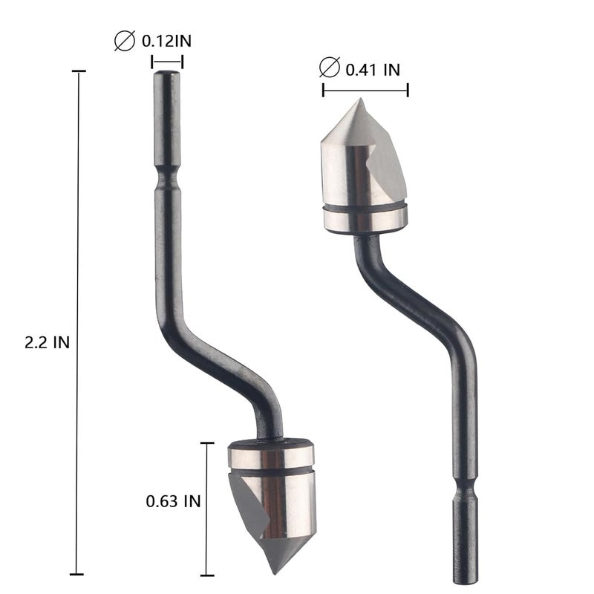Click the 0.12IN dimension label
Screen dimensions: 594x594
(166, 41)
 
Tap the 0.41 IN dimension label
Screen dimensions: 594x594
(373, 70)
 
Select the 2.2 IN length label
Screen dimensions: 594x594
(48, 342)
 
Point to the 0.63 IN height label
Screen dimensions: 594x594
(173, 501)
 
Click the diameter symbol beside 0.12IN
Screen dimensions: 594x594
(125, 41)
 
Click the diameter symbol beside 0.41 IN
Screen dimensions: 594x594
(329, 68)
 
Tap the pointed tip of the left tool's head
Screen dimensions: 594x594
(274, 573)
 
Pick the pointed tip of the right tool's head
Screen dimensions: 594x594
(361, 99)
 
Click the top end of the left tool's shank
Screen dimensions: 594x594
(166, 71)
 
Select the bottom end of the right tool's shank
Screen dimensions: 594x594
(466, 582)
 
